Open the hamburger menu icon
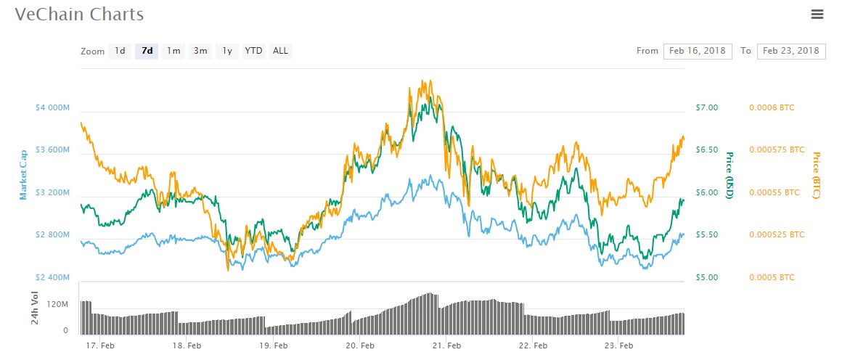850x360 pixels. point(817,14)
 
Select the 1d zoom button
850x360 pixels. point(120,51)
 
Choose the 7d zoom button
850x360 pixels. point(147,51)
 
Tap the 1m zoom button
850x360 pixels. point(173,51)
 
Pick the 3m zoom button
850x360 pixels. point(200,51)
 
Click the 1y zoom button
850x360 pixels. point(227,51)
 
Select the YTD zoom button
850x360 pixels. point(253,51)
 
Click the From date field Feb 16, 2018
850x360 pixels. point(698,51)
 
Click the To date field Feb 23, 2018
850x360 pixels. point(790,51)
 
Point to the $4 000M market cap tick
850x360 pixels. point(52,107)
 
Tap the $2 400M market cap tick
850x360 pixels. point(52,277)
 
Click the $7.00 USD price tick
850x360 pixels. point(707,107)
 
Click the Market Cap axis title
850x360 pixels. point(24,174)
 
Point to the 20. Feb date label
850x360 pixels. point(360,346)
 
